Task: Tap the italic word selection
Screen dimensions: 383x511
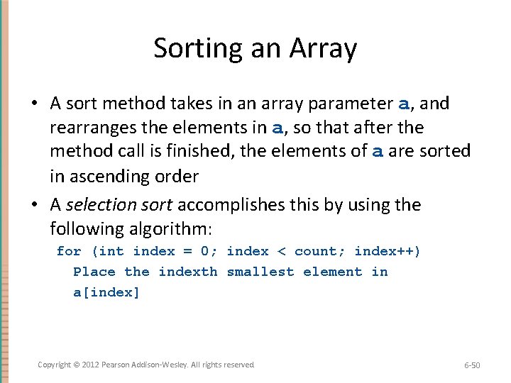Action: point(97,205)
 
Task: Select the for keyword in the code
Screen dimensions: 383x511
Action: point(69,251)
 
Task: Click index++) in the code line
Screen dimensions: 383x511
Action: point(388,251)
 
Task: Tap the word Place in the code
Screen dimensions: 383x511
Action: point(94,272)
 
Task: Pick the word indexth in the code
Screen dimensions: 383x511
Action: point(188,272)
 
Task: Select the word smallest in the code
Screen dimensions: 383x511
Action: point(260,272)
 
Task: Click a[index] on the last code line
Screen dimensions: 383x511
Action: point(106,293)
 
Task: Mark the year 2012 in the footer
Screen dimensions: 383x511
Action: point(90,365)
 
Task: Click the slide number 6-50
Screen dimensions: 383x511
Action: point(472,365)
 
